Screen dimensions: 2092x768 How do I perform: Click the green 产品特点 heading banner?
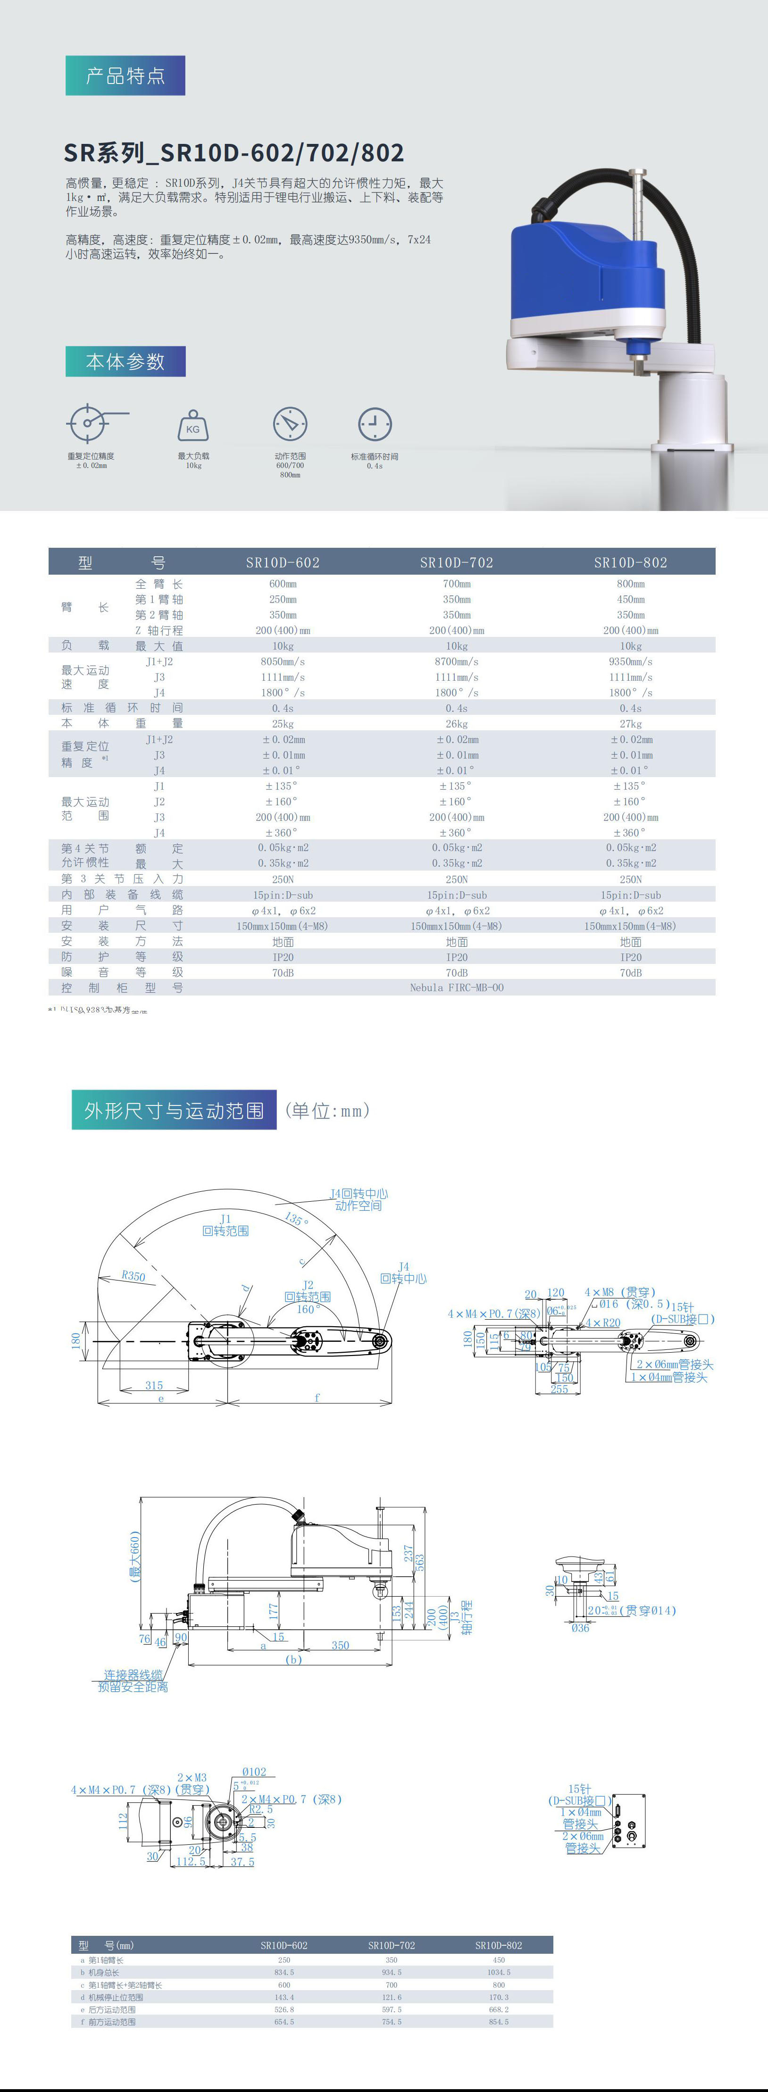point(125,75)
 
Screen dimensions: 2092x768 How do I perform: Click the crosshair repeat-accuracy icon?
point(88,422)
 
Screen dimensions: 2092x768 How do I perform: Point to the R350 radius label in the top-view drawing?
point(133,1276)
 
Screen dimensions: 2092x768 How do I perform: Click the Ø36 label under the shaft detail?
point(580,1627)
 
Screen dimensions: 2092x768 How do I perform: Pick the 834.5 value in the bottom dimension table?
point(284,1972)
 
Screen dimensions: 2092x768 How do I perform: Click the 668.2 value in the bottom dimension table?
point(499,2009)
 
